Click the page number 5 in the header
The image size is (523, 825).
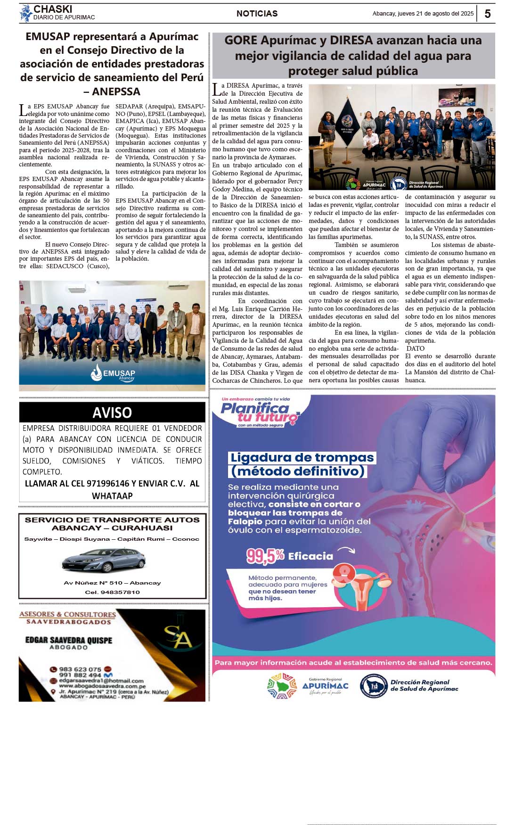pyautogui.click(x=487, y=14)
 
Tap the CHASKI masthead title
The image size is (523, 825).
pyautogui.click(x=53, y=9)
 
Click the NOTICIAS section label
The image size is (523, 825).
pyautogui.click(x=257, y=14)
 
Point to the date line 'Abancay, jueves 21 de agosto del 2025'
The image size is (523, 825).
pyautogui.click(x=423, y=14)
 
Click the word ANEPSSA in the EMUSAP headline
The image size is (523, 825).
pyautogui.click(x=116, y=91)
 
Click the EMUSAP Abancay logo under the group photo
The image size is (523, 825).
pyautogui.click(x=113, y=374)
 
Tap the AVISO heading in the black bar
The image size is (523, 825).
pyautogui.click(x=112, y=412)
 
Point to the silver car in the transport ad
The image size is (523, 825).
pyautogui.click(x=104, y=561)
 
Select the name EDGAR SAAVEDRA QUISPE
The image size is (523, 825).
pyautogui.click(x=69, y=640)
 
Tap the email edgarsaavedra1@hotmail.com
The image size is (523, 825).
pyautogui.click(x=101, y=681)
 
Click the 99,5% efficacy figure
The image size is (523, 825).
pyautogui.click(x=265, y=556)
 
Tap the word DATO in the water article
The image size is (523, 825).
pyautogui.click(x=416, y=348)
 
